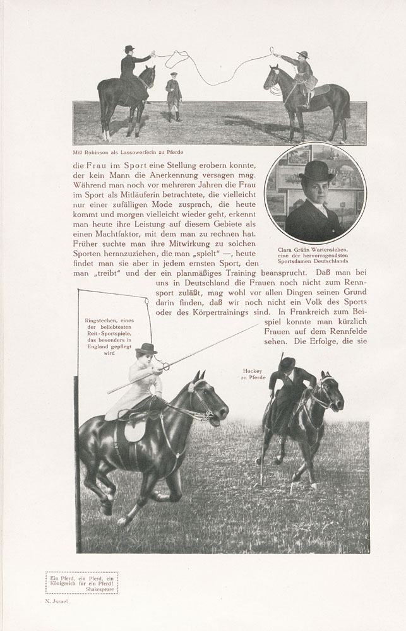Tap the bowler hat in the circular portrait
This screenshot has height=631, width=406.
pos(316,170)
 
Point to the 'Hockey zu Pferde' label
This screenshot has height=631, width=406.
pos(252,374)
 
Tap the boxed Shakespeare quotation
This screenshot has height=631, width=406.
pos(81,582)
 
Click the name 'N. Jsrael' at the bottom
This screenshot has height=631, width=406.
pos(57,602)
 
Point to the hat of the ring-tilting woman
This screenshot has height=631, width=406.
pos(146,348)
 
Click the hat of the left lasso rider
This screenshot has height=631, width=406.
pos(129,49)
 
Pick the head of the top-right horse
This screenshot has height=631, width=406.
pos(272,78)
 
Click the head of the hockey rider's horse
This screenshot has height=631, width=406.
pos(331,394)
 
